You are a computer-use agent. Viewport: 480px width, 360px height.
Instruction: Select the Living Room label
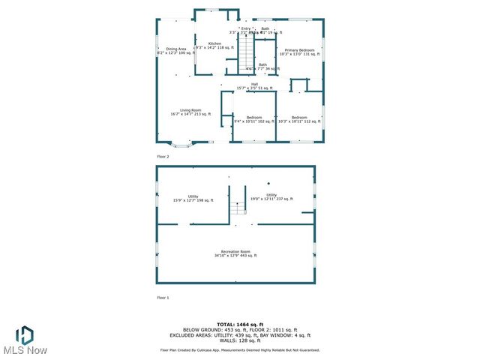click(x=190, y=112)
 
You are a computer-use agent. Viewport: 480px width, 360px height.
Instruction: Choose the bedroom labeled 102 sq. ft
click(x=254, y=119)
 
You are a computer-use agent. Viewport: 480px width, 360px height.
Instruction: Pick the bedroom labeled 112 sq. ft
click(x=299, y=119)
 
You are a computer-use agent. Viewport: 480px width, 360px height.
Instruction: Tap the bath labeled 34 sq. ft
click(x=262, y=67)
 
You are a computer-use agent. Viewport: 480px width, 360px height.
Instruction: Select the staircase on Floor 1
click(x=239, y=201)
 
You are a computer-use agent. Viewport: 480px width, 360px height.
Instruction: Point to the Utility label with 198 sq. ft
click(x=183, y=198)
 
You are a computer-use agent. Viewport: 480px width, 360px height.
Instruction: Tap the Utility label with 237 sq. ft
click(x=271, y=196)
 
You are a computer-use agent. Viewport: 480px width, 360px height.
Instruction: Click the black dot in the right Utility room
click(x=268, y=184)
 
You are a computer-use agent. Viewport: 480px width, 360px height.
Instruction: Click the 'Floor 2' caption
click(x=163, y=156)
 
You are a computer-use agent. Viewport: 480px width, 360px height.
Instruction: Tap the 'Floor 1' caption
click(x=163, y=298)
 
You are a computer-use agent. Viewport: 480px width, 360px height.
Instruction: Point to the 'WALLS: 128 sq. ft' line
click(x=240, y=340)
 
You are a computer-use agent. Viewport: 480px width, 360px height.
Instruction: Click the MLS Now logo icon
click(x=25, y=334)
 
